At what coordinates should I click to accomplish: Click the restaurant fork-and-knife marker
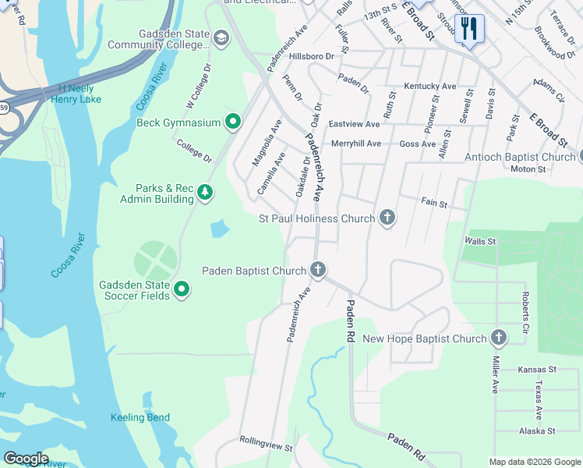(469, 29)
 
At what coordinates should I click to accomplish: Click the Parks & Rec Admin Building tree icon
(205, 193)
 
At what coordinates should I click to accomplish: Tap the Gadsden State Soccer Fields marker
(182, 290)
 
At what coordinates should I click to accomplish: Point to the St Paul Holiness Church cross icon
(387, 218)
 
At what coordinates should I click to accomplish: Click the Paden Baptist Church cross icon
(317, 271)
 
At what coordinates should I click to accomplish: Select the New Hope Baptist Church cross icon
(498, 339)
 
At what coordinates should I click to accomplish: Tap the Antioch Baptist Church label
(519, 157)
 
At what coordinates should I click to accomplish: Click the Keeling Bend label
(140, 417)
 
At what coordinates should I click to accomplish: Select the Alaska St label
(537, 431)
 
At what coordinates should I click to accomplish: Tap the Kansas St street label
(537, 369)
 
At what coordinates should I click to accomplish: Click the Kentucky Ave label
(429, 86)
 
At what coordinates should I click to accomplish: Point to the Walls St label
(479, 242)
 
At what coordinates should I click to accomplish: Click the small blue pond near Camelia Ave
(220, 229)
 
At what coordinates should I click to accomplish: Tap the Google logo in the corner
(26, 459)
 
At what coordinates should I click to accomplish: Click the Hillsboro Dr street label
(311, 56)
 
